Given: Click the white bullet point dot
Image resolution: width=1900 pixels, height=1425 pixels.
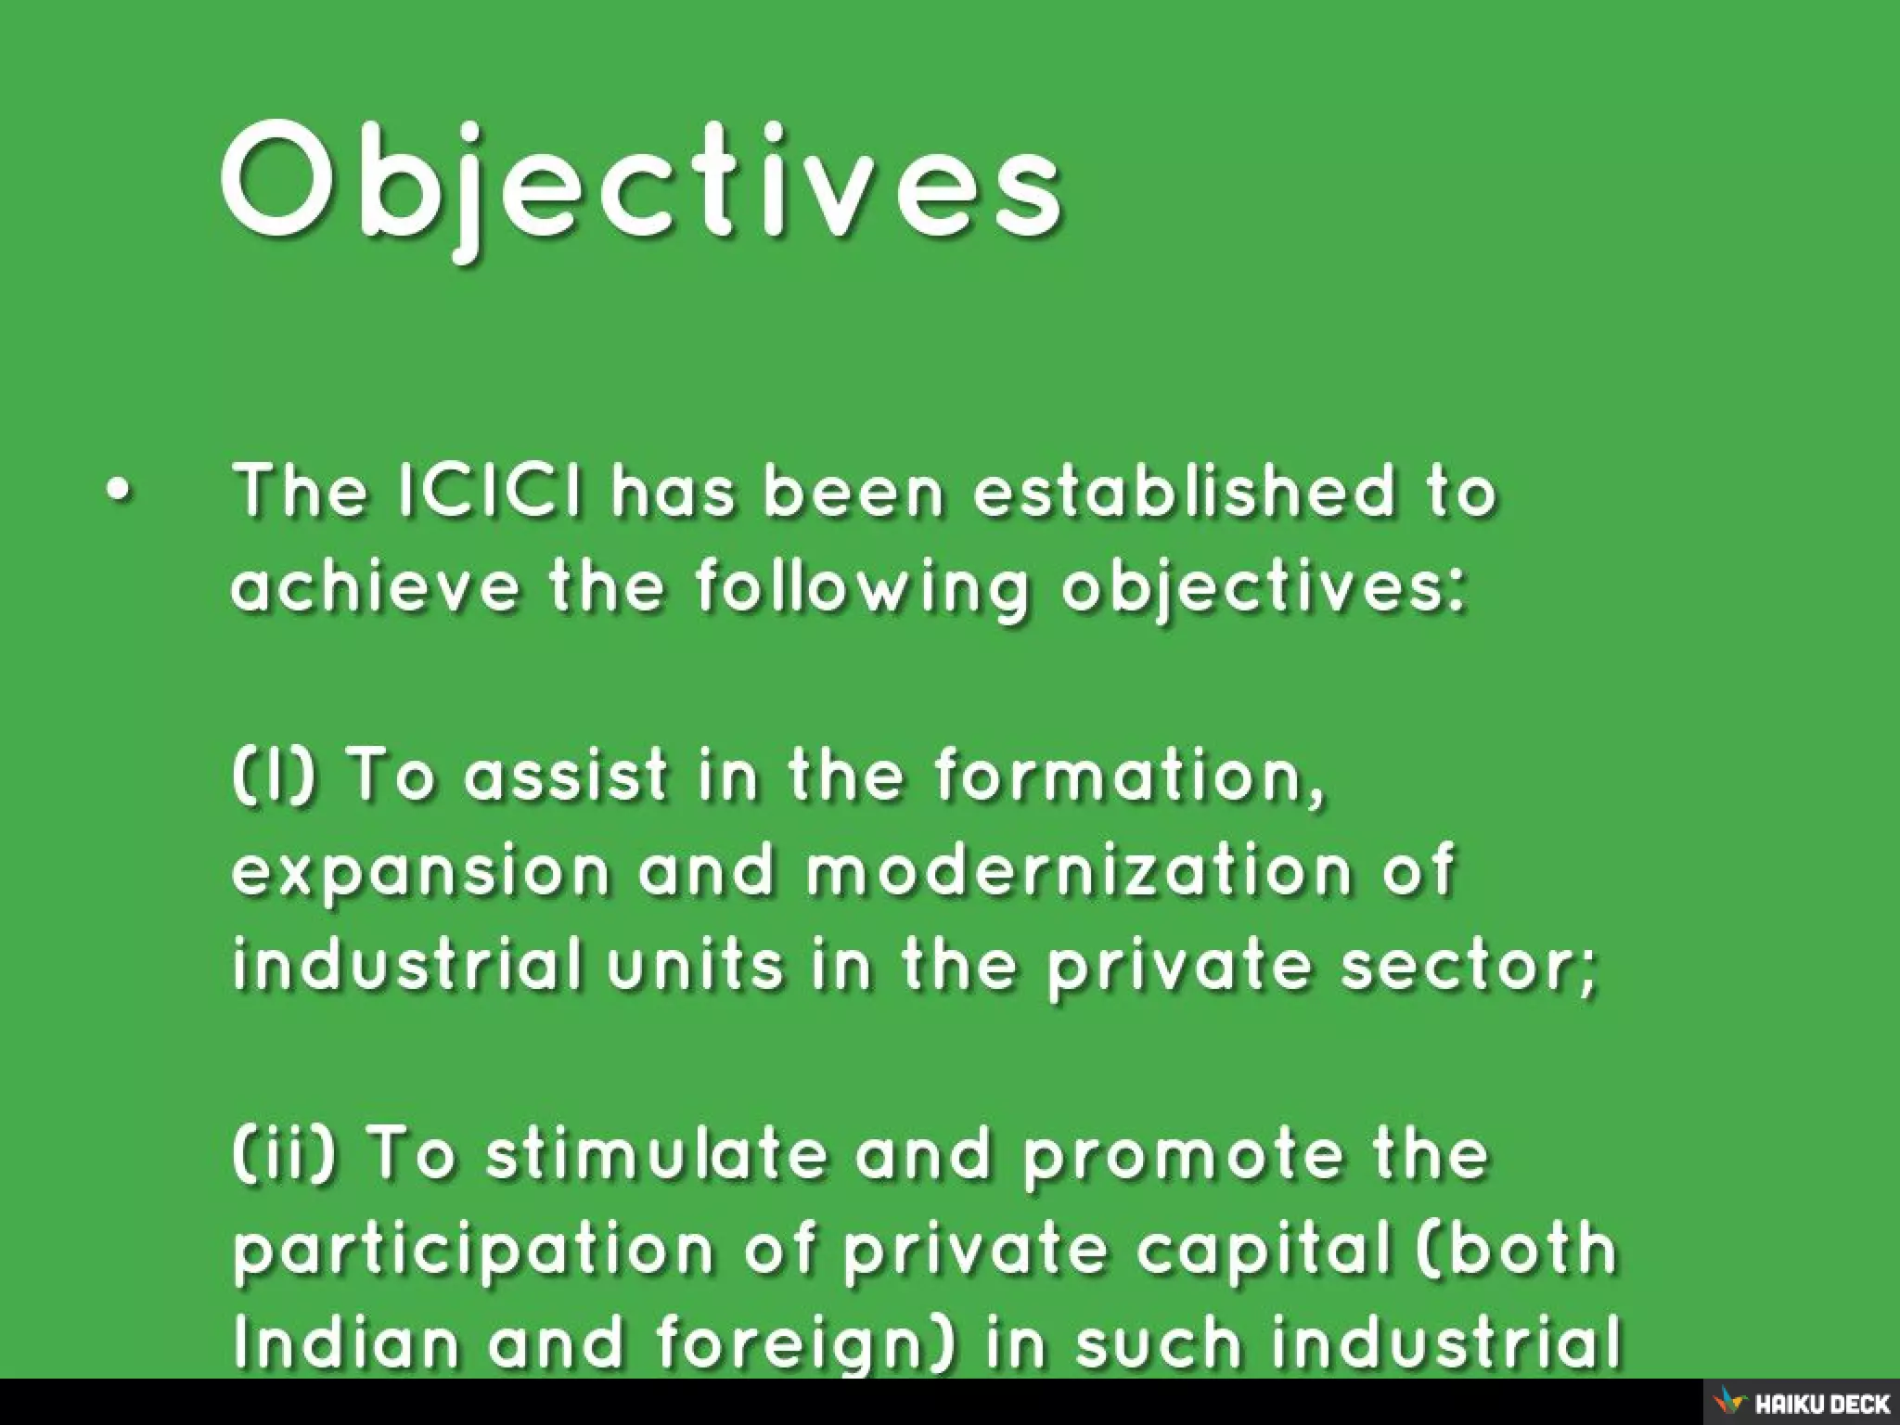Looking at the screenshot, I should (x=119, y=493).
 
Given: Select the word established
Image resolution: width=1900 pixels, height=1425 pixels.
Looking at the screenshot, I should (x=1183, y=491).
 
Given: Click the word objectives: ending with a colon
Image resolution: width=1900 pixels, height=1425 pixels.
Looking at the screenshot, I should (x=1264, y=589).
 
